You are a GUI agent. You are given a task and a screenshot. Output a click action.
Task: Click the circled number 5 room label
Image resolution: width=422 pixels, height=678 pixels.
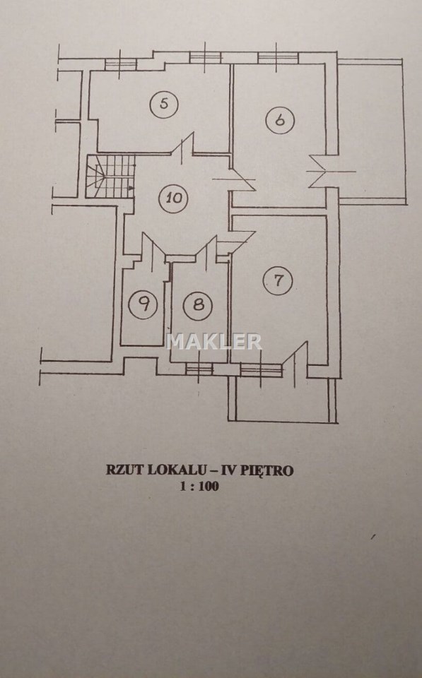coord(164,104)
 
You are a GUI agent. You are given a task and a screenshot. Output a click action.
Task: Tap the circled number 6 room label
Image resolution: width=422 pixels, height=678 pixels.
coord(280,120)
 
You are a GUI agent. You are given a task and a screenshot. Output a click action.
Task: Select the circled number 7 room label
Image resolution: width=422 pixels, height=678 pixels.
coord(278,280)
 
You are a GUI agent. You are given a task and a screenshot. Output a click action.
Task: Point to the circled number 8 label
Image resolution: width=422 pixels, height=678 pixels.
coord(198,305)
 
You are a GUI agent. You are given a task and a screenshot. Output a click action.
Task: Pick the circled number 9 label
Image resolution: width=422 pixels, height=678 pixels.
coord(143,304)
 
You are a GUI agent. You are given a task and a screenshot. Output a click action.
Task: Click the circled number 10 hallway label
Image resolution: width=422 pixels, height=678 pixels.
coord(174,198)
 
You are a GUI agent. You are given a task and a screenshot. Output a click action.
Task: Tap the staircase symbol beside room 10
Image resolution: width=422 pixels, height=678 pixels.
coord(110,177)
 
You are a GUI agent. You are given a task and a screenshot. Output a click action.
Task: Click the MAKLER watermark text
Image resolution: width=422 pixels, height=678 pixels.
coord(213,341)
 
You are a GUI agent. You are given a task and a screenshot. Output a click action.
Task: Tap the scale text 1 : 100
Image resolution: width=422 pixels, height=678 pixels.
coord(199,486)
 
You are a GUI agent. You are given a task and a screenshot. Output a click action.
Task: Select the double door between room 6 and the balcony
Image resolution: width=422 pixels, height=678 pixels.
coord(331,171)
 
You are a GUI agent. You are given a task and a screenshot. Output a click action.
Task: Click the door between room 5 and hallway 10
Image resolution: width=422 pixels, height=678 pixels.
coord(182,148)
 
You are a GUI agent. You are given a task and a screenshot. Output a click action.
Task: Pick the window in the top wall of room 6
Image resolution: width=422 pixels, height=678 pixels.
coord(277,58)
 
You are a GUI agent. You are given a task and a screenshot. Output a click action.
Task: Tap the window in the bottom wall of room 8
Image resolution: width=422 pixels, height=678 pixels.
coord(199,369)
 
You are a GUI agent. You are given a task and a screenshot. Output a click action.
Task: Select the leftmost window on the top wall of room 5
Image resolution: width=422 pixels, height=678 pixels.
coord(121,64)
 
